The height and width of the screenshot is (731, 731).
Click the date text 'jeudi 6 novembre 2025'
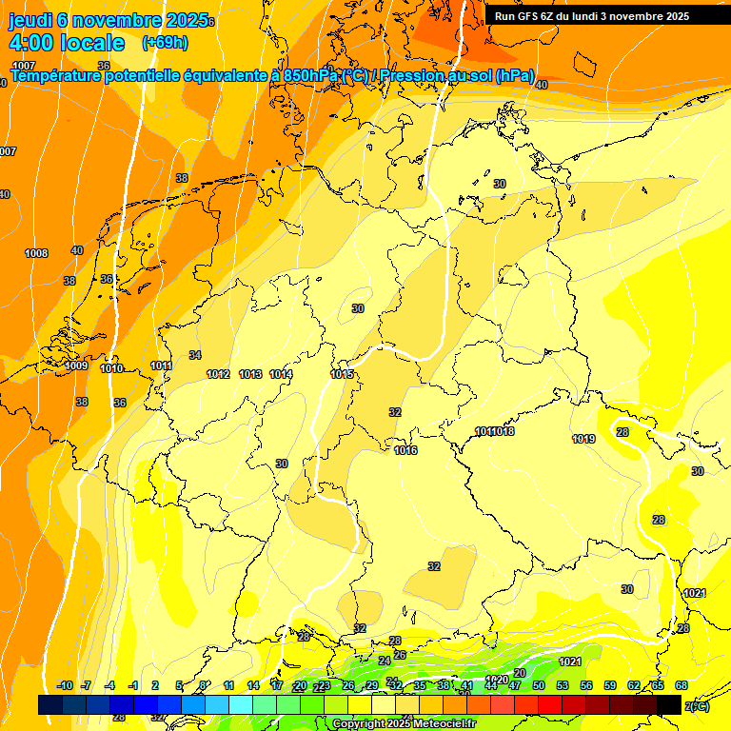pos(108,19)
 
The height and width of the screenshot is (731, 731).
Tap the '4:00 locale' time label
pos(66,43)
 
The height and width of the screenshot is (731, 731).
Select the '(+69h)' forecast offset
pos(165,43)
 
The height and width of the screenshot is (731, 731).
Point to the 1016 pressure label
pos(405,450)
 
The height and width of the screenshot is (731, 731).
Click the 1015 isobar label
pos(343,374)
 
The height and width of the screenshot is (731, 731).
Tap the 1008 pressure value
pos(36,253)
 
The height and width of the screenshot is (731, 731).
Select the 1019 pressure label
pos(583,439)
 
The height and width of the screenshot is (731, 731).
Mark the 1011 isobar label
pos(161,365)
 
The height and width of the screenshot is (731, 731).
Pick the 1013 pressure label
pos(250,374)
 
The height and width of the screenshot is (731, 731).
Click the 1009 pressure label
pos(76,365)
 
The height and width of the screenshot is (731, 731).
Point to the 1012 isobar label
pos(218,374)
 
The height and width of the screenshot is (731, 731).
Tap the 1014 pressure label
pos(281,374)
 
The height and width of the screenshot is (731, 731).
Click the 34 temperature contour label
pos(195,355)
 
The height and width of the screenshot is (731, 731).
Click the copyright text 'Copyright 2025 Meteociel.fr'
pos(404,724)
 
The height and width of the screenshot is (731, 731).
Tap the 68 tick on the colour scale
pos(682,685)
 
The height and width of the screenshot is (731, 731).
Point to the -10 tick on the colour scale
pos(65,685)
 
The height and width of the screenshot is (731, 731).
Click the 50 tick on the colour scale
pos(539,685)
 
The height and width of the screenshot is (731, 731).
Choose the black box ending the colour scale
pos(669,704)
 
